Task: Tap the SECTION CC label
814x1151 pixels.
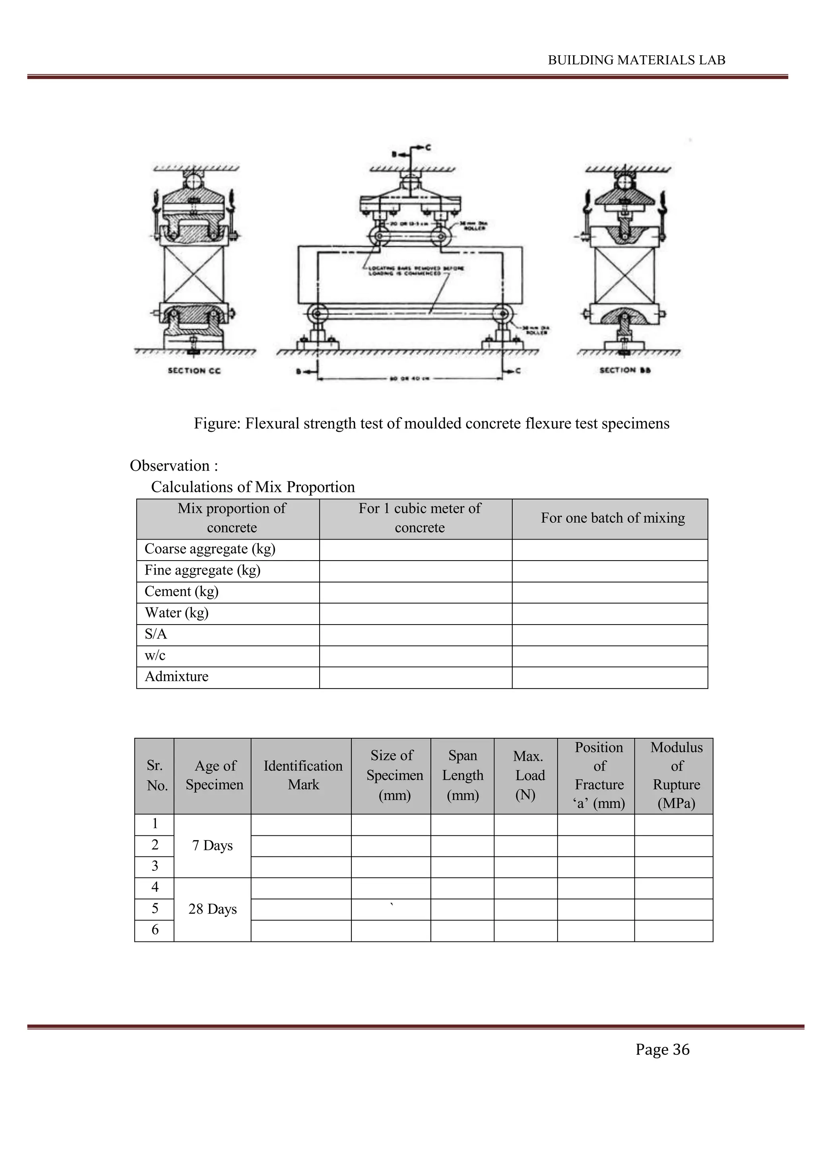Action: tap(194, 371)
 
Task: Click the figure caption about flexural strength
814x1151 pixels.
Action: tap(431, 423)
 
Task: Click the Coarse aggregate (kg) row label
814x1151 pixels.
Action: tap(210, 549)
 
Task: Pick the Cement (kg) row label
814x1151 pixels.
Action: tap(182, 592)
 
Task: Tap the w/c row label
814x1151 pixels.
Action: tap(155, 655)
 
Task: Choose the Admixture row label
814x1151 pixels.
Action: tap(176, 677)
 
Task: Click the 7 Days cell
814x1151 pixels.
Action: tap(213, 846)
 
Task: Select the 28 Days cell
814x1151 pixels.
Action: tap(213, 909)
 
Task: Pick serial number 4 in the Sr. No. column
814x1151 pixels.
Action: tap(155, 887)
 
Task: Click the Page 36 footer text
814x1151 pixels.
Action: tap(662, 1049)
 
